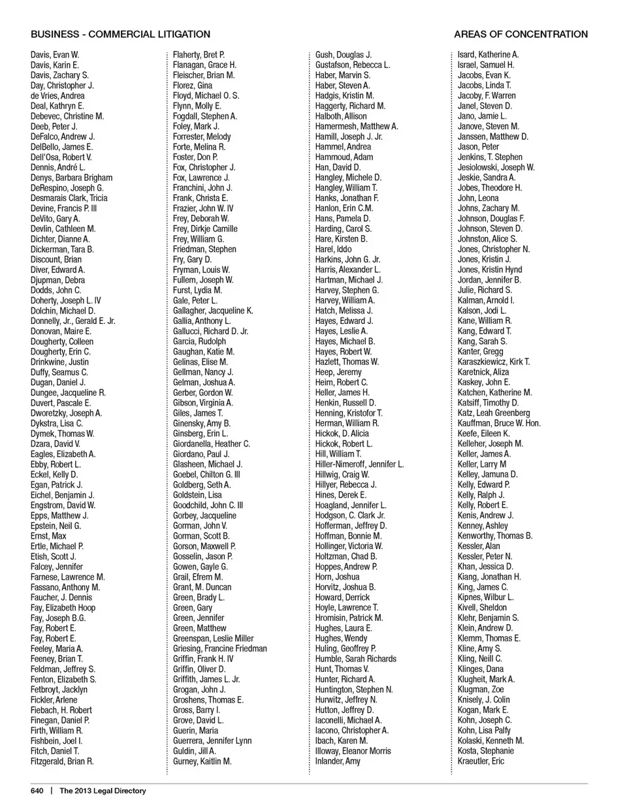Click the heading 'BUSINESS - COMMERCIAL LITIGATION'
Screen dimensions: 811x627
coord(120,34)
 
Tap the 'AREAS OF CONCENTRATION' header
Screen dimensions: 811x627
coord(521,34)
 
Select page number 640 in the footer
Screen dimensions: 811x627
coord(37,791)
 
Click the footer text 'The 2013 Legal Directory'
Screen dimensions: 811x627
coord(103,791)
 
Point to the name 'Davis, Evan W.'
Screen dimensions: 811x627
coord(55,55)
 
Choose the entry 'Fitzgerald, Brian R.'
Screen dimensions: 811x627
coord(62,761)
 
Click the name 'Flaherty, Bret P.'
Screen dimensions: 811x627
coord(199,55)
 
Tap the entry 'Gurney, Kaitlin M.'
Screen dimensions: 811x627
coord(202,761)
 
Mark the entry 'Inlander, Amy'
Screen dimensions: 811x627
coord(338,761)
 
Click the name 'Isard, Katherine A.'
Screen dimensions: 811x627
coord(488,55)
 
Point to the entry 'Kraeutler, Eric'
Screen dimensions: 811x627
coord(481,761)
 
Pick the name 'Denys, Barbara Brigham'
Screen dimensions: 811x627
coord(71,178)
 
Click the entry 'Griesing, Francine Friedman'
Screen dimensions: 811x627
coord(220,648)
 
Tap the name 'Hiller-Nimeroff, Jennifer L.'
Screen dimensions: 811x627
coord(359,464)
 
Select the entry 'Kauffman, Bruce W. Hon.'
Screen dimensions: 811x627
coord(499,423)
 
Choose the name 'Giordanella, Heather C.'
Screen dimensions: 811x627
coord(212,444)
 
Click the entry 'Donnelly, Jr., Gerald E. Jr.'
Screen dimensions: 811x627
coord(72,321)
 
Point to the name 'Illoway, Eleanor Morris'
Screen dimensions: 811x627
coord(353,751)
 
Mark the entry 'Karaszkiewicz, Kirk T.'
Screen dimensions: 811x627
coord(494,362)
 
